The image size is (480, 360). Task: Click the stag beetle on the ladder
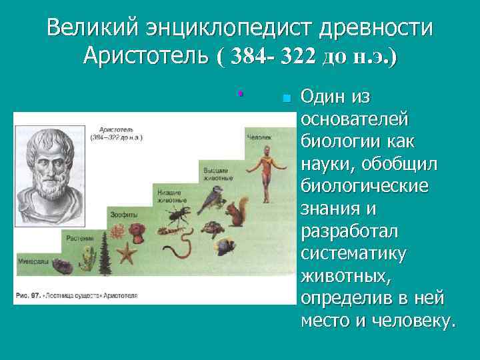click(x=179, y=215)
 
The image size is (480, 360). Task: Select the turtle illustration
click(x=215, y=227)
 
